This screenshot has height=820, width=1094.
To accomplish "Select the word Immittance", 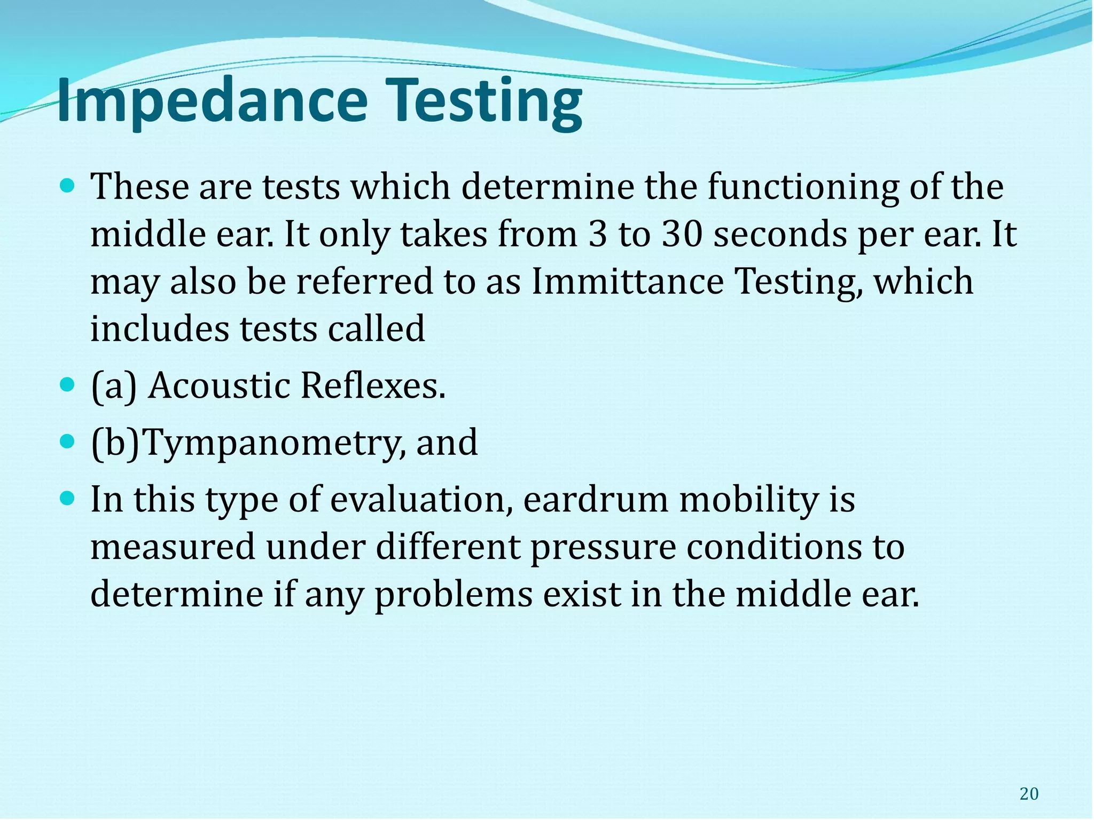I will point(628,281).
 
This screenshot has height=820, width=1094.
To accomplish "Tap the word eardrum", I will point(595,500).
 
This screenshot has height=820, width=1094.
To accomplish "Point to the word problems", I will point(454,595).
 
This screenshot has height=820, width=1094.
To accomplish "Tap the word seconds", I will point(780,234).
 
